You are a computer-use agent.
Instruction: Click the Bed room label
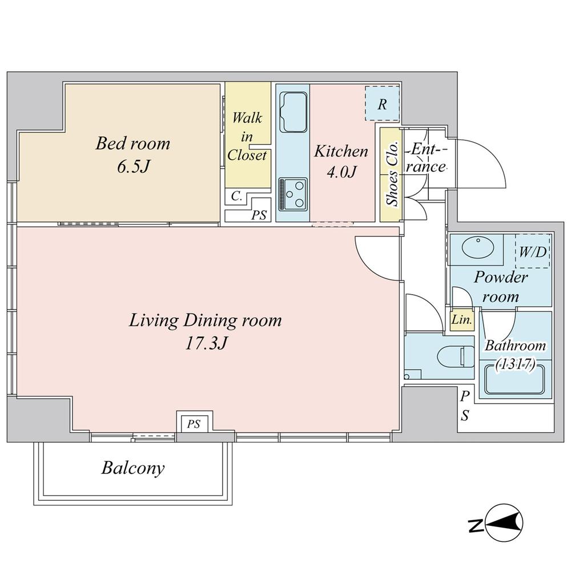(132, 143)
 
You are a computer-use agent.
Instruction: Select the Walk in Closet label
(247, 136)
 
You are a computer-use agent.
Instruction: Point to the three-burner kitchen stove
(292, 195)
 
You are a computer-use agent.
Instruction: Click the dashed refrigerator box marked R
(382, 104)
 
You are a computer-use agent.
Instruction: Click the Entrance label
(427, 158)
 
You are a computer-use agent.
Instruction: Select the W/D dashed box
(532, 251)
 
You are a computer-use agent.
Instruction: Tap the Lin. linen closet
(461, 320)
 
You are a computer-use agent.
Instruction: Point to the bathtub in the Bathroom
(518, 381)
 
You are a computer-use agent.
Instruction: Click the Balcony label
(133, 468)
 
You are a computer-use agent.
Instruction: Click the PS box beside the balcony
(194, 424)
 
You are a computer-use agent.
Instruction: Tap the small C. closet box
(237, 196)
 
